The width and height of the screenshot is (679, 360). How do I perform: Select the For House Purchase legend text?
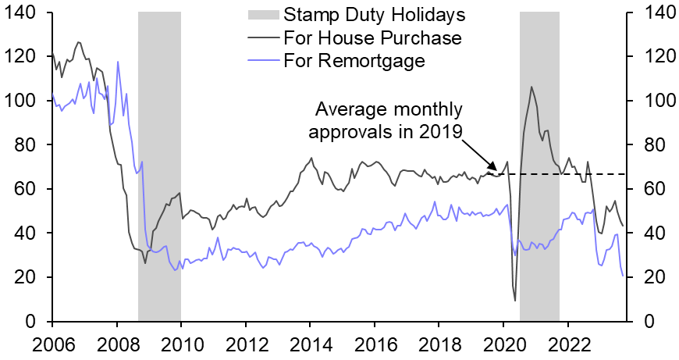(373, 37)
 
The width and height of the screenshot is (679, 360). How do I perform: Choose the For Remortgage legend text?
(355, 61)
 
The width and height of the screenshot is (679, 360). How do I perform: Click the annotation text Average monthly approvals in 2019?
(386, 119)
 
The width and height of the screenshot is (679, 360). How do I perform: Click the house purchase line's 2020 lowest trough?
(515, 301)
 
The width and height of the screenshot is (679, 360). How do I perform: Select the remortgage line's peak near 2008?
(118, 62)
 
